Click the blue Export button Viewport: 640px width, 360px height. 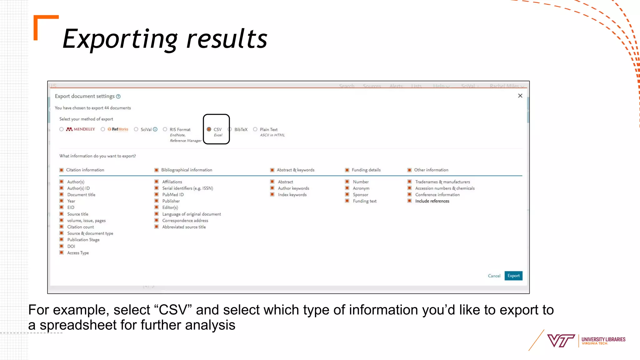(513, 276)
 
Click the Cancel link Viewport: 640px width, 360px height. (494, 276)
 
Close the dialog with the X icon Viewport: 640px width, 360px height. (520, 96)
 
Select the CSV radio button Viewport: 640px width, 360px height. (209, 129)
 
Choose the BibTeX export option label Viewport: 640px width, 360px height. (241, 129)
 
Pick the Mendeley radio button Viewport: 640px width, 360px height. (62, 129)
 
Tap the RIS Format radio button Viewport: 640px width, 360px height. (165, 129)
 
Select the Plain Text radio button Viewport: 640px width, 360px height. (255, 129)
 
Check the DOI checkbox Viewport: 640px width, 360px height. (62, 246)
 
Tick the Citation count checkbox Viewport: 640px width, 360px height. (62, 227)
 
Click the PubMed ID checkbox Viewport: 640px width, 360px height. (157, 194)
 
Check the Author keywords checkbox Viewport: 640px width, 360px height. (272, 188)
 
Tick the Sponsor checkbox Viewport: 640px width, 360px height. (347, 194)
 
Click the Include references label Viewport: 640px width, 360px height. (432, 201)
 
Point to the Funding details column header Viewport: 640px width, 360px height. (366, 170)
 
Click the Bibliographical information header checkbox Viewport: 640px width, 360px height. (157, 170)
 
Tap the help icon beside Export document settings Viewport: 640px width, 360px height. (118, 97)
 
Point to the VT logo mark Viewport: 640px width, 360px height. (561, 341)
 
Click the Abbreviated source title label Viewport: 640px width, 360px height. (184, 227)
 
